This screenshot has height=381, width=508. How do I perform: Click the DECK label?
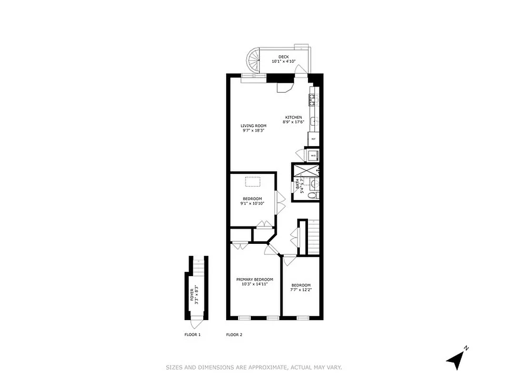click(x=283, y=57)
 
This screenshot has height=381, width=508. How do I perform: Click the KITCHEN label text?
click(x=293, y=117)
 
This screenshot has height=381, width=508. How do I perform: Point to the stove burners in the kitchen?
click(x=313, y=100)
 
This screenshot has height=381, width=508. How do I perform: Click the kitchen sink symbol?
click(x=313, y=122)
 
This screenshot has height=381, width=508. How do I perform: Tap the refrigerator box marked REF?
click(x=313, y=139)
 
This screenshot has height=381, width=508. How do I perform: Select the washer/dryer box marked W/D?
click(x=313, y=155)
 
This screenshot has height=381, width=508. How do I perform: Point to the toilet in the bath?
click(x=312, y=195)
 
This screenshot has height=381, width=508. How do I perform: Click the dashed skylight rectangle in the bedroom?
click(x=252, y=182)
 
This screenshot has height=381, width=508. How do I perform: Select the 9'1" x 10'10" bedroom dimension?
click(x=252, y=203)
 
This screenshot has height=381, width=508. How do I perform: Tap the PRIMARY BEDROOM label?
click(x=255, y=279)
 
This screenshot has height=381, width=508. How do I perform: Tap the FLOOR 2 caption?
click(x=234, y=335)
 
